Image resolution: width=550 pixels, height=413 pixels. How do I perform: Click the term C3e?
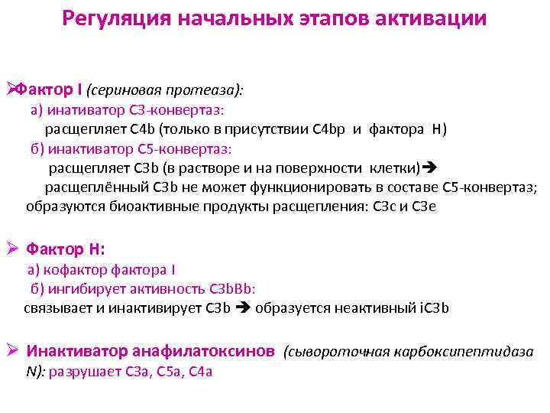click(x=423, y=206)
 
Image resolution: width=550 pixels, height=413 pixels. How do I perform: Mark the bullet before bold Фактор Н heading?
click(x=11, y=249)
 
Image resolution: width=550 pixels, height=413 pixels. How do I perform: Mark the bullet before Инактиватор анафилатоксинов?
click(x=11, y=352)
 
